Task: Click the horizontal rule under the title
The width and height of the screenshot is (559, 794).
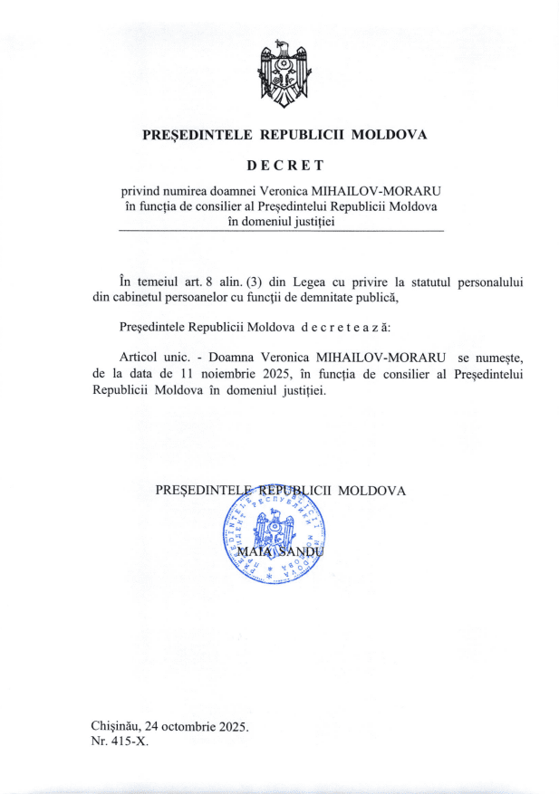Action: point(281,234)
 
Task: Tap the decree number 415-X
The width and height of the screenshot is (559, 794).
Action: point(128,741)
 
